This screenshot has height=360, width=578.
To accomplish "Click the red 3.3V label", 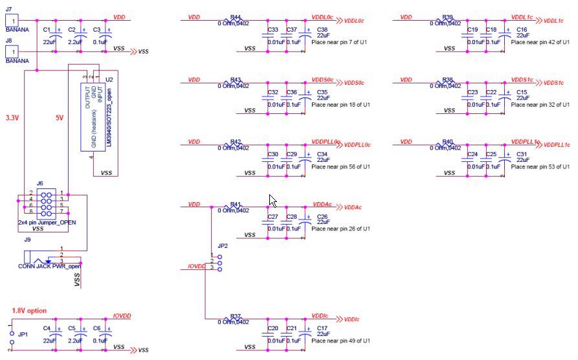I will pyautogui.click(x=12, y=118).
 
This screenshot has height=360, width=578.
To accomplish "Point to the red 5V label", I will pyautogui.click(x=60, y=118).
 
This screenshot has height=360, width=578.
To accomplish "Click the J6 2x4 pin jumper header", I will pyautogui.click(x=46, y=203).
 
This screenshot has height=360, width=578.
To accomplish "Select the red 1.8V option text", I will pyautogui.click(x=29, y=311).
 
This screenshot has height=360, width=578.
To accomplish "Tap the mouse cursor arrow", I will pyautogui.click(x=272, y=200).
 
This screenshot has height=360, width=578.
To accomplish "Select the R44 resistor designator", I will pyautogui.click(x=235, y=17).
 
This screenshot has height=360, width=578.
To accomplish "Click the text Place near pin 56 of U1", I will pyautogui.click(x=340, y=167).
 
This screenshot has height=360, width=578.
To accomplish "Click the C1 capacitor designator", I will pyautogui.click(x=46, y=30).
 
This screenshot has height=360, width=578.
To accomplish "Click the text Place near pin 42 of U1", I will pyautogui.click(x=540, y=42).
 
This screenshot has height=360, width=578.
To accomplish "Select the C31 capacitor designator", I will pyautogui.click(x=522, y=154).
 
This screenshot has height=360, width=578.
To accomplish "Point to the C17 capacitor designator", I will pyautogui.click(x=322, y=328).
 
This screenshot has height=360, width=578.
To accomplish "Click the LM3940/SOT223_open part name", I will pyautogui.click(x=109, y=117).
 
